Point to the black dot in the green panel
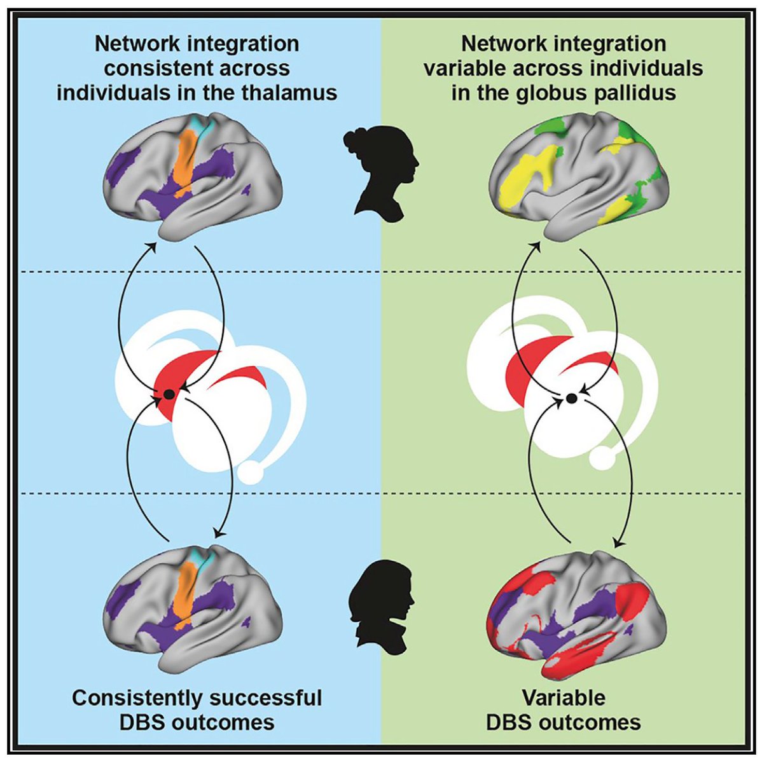571,399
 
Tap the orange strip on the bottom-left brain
186,603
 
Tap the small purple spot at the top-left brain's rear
246,191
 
